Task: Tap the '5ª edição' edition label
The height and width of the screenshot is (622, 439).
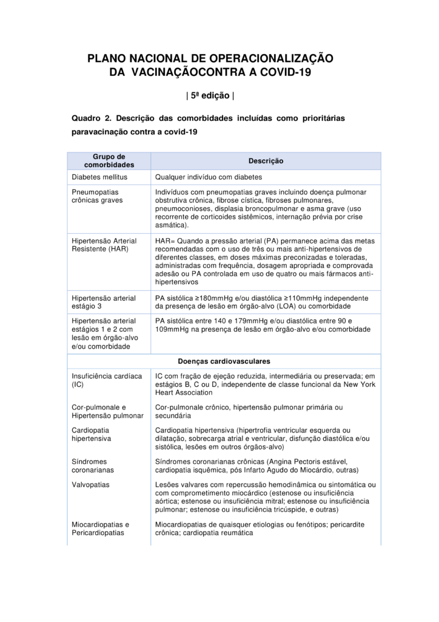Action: [x=209, y=95]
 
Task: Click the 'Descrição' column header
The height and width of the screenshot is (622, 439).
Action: [x=266, y=161]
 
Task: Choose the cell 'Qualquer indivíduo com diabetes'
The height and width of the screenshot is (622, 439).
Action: [x=208, y=177]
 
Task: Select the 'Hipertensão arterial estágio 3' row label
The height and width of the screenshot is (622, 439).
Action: [x=104, y=302]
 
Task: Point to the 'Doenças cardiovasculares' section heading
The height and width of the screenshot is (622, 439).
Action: [x=224, y=361]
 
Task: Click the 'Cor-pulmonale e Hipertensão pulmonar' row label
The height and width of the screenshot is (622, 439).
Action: [x=107, y=411]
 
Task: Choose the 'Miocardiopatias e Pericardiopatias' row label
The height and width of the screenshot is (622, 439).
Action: [x=101, y=528]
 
